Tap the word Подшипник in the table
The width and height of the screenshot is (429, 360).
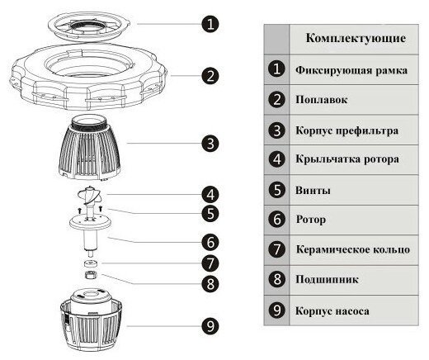323,282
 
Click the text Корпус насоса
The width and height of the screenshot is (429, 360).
332,312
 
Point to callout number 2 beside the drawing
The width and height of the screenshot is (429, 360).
211,76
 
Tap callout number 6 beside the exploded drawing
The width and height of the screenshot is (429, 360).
211,243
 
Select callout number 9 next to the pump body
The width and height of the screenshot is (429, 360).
211,325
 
